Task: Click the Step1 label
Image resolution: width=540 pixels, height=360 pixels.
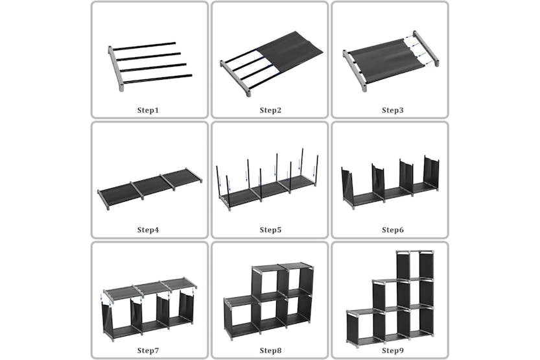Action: (x=148, y=110)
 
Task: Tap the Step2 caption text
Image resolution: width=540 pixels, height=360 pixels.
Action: (x=270, y=110)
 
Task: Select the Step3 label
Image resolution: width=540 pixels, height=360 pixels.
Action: (x=392, y=110)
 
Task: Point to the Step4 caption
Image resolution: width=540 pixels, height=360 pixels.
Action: (x=148, y=230)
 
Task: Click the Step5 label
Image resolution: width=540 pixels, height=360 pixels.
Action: (x=270, y=230)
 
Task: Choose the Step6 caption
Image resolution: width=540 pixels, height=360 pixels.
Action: (x=392, y=230)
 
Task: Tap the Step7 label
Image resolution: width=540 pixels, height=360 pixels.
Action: (x=148, y=350)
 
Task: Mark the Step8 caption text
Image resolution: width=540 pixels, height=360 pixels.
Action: (x=270, y=350)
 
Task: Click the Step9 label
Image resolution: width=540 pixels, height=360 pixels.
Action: (x=392, y=350)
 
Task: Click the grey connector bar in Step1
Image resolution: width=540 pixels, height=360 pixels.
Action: (x=115, y=67)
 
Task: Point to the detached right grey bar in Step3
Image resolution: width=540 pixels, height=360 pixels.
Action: (x=426, y=49)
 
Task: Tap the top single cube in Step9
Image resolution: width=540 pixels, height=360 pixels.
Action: (x=415, y=266)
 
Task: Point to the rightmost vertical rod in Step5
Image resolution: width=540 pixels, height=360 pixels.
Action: (x=317, y=171)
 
